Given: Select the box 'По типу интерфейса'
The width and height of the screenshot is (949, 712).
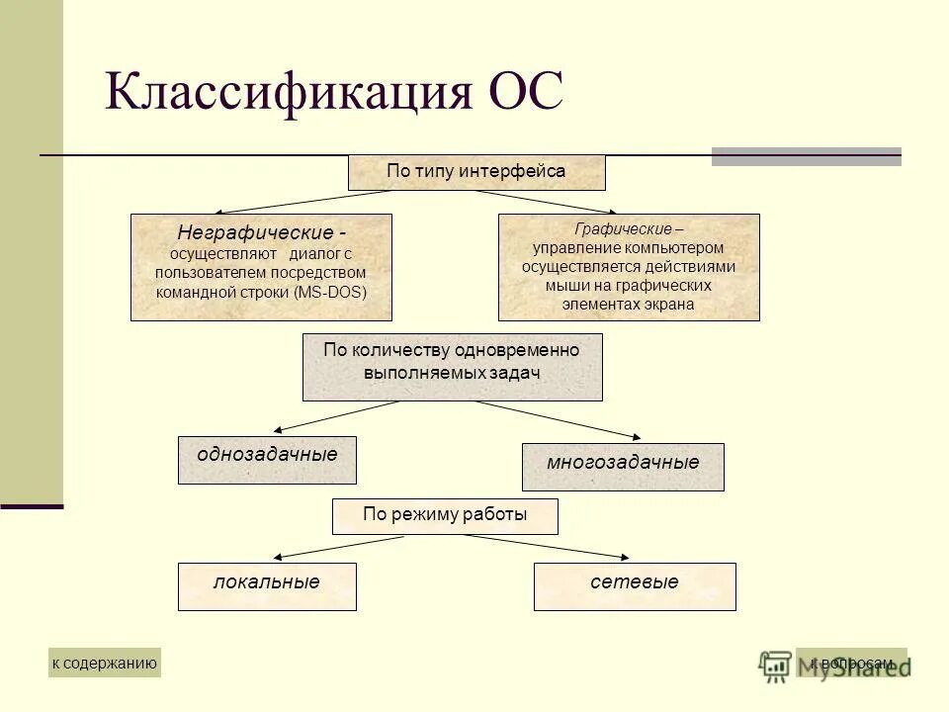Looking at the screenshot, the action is (475, 172).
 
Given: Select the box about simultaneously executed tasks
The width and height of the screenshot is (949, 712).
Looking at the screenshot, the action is (452, 367).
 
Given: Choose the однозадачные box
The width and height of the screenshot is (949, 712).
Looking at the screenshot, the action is (267, 460).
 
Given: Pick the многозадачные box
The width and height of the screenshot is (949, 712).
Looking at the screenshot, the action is (623, 467).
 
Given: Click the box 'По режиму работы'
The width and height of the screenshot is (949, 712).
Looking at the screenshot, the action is (445, 516).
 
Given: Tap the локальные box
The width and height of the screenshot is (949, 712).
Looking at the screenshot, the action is (267, 586).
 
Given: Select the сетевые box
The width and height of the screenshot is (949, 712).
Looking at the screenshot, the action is (635, 586).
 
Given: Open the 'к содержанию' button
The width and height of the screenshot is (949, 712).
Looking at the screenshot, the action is (104, 663).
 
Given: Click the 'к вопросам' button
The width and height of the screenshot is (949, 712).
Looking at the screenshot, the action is (851, 663).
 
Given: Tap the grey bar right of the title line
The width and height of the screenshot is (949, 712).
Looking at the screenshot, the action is (806, 156).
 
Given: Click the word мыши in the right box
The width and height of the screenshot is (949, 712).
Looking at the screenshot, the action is (562, 286).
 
